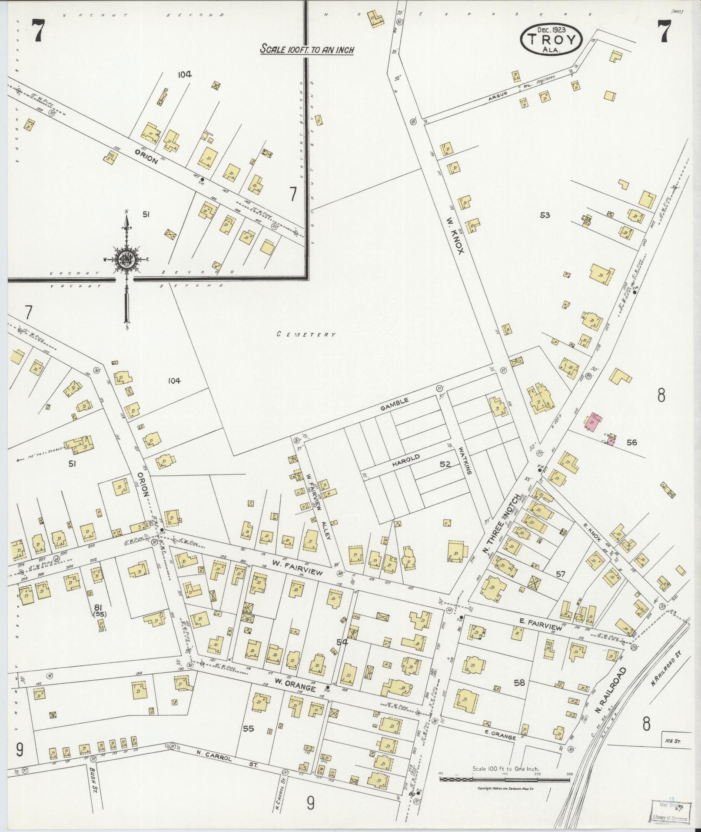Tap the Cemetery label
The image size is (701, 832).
click(x=307, y=334)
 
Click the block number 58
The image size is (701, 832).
click(x=519, y=683)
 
